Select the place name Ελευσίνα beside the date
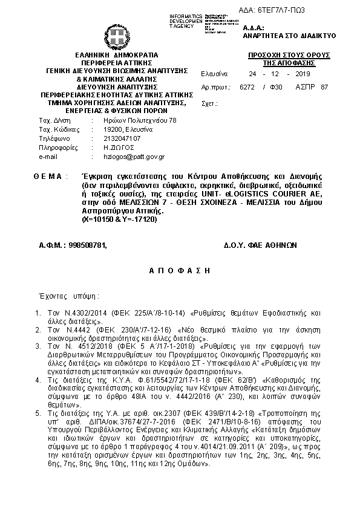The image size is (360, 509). coord(214,73)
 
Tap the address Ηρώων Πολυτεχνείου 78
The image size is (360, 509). coord(139,120)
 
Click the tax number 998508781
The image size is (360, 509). coord(73,245)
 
